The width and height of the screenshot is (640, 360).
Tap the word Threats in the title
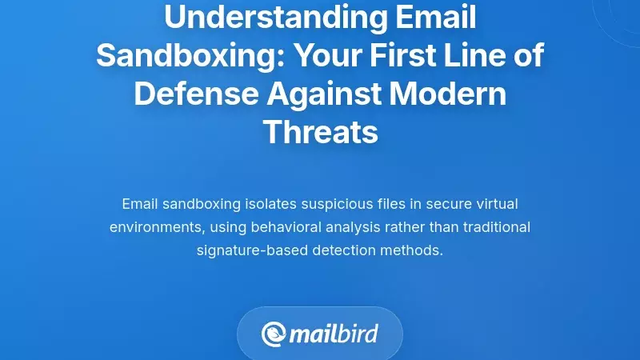(x=320, y=132)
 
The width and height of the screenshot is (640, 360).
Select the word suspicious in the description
(x=321, y=204)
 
